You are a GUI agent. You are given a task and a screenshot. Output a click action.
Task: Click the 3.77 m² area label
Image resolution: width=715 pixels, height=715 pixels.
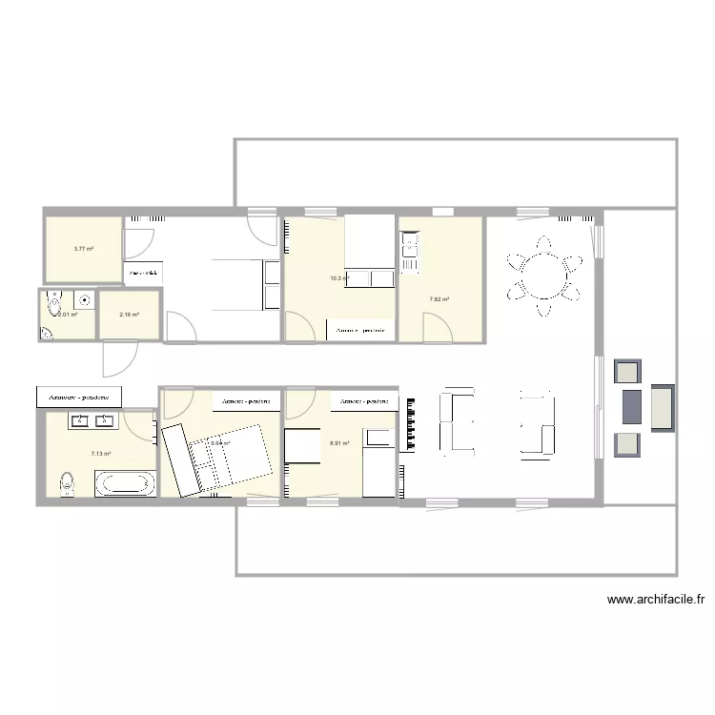coord(83,248)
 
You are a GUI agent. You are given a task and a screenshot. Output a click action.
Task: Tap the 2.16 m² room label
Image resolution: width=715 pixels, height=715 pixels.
coord(129,315)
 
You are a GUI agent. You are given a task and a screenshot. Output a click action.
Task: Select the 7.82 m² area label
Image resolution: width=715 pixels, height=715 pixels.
coord(439,299)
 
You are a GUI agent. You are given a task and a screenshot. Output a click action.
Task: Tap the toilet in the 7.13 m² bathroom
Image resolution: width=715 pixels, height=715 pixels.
coord(67,483)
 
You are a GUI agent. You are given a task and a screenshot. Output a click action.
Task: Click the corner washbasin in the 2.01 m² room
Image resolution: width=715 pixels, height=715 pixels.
coord(49,333)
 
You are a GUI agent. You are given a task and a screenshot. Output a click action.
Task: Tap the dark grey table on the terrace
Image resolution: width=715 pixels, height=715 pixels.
coord(632,405)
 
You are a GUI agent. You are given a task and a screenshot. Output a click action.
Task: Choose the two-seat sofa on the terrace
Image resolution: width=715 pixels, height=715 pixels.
coord(663,405)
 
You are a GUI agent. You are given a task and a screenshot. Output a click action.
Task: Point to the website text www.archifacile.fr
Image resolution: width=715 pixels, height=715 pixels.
coord(656,600)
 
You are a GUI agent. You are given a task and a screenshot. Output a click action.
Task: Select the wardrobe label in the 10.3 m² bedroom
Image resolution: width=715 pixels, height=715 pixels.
coord(360,330)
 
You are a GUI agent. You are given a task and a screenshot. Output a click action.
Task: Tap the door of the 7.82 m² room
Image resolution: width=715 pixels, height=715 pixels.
coord(439,328)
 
